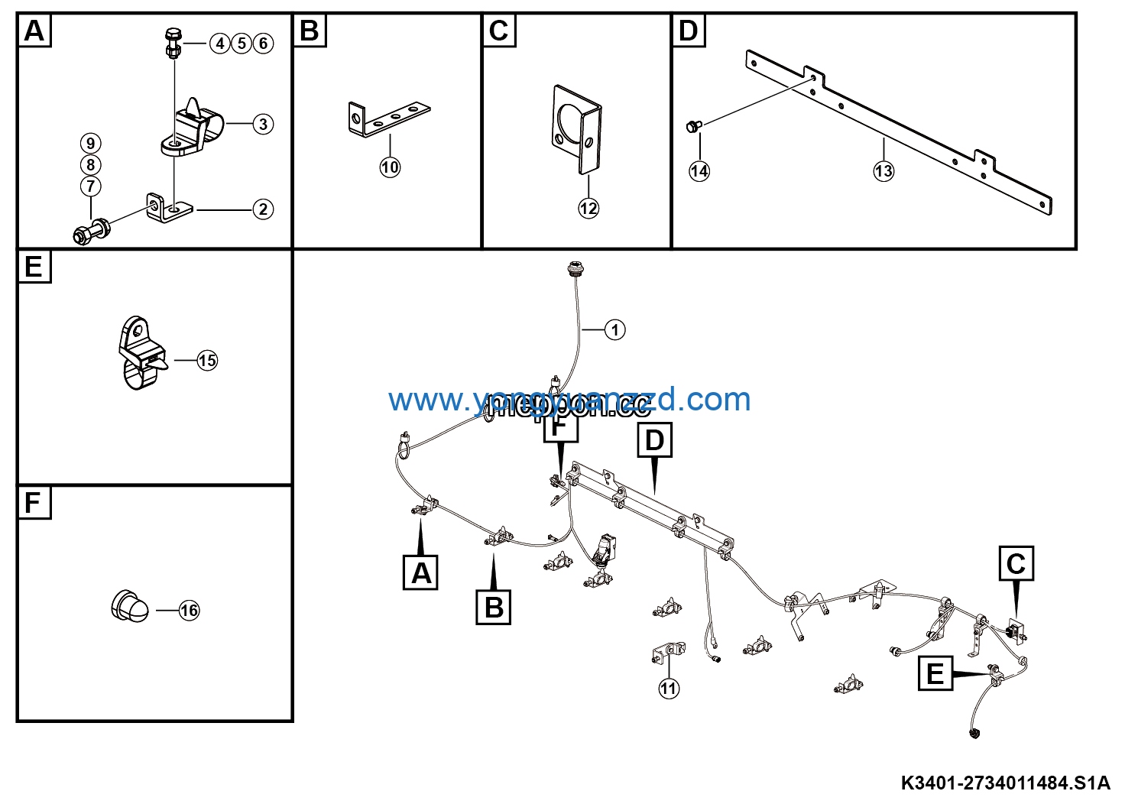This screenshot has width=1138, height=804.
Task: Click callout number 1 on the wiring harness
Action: point(614,330)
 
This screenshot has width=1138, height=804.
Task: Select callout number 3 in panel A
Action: point(263,124)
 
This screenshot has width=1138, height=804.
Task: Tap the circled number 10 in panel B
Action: point(390,167)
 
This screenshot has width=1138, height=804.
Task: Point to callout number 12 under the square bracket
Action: point(588,208)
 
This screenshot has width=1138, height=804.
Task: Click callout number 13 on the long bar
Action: point(883,171)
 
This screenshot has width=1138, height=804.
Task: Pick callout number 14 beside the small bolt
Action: point(699,171)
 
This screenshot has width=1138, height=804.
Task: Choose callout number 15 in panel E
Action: point(207,361)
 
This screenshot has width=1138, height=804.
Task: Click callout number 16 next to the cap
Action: point(189,611)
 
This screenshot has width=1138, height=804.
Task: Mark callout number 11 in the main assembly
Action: point(669,689)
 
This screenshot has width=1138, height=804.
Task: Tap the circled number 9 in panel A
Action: point(90,144)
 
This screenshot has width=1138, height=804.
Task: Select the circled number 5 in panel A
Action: point(242,44)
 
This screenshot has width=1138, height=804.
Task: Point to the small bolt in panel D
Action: point(694,126)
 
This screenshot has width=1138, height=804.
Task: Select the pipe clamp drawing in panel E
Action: point(141,353)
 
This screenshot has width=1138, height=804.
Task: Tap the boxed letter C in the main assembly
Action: point(1016,564)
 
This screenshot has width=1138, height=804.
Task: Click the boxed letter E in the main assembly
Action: point(935,674)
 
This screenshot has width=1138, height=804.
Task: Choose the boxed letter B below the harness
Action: point(494,608)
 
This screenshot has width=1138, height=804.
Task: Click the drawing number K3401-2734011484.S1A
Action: point(1005,783)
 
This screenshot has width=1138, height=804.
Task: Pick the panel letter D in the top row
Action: point(688,31)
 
